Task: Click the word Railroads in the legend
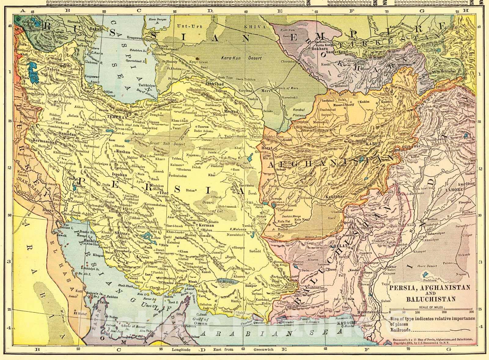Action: click(400, 330)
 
